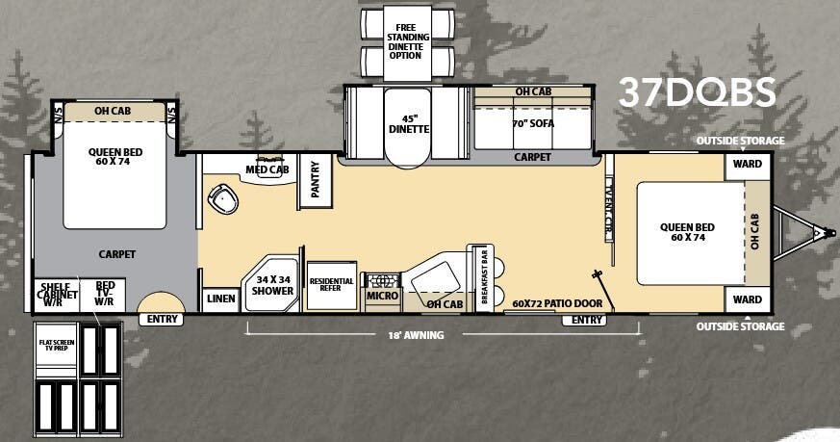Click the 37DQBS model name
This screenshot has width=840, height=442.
click(696, 91)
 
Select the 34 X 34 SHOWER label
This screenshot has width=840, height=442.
click(272, 285)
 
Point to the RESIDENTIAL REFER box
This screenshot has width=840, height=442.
click(332, 285)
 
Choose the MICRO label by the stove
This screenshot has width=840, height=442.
click(382, 297)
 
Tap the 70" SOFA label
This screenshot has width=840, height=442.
click(532, 122)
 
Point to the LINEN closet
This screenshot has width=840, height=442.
click(221, 299)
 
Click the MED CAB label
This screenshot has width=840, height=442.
click(267, 170)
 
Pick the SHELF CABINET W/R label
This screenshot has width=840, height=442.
click(54, 293)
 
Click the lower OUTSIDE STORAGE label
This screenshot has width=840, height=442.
click(742, 325)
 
